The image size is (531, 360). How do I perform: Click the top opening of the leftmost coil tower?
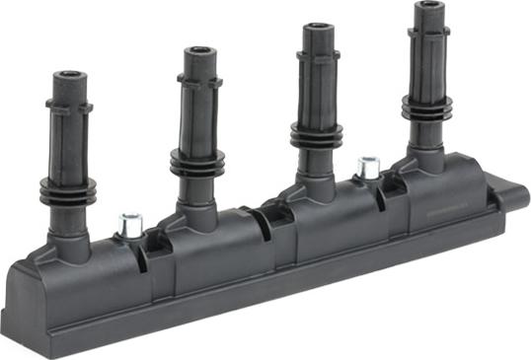pos(68,75)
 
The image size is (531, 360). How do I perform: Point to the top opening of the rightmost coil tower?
pos(428,7)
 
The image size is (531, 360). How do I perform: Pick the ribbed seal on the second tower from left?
pos(197,162)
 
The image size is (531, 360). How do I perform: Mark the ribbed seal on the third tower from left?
pos(317,137)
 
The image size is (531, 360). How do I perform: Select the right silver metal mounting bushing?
pos(369,168)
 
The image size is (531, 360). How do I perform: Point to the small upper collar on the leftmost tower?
pos(69,107)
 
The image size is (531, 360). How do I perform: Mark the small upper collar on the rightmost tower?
pos(428,36)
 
